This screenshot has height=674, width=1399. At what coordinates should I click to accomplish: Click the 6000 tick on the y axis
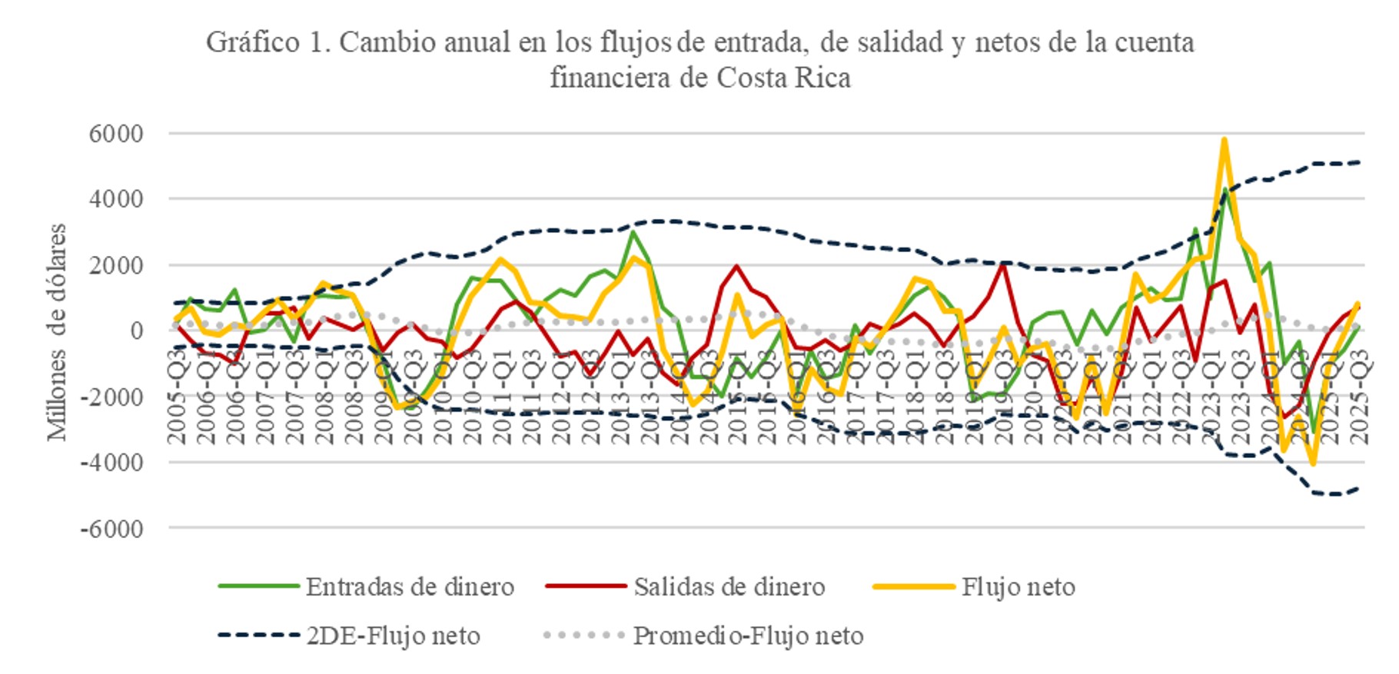click(116, 134)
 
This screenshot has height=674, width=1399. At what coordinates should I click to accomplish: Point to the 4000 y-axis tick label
click(116, 199)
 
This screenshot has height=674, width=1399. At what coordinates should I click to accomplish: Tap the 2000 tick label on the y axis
click(116, 265)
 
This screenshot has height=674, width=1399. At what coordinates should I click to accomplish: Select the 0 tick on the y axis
click(135, 331)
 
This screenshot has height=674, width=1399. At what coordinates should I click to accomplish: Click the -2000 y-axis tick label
click(111, 397)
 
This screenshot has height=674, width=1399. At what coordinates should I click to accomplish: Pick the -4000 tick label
click(111, 463)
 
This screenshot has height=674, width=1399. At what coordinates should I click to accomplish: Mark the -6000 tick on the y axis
click(111, 529)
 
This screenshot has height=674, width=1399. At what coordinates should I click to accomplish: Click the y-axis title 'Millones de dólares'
click(57, 332)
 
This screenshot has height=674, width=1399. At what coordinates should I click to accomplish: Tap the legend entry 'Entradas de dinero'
click(409, 587)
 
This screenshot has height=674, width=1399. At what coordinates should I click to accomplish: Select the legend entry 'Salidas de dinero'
click(729, 587)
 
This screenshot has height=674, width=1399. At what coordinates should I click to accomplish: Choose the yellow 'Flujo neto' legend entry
click(1018, 587)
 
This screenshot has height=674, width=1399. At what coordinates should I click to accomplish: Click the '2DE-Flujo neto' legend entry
click(393, 636)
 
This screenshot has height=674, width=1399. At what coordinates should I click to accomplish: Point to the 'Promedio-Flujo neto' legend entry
click(748, 636)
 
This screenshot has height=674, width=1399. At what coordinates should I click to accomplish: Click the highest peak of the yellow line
click(1224, 140)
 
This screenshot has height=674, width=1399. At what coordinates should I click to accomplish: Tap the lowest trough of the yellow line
click(1313, 463)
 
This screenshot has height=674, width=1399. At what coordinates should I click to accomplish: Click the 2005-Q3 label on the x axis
click(178, 397)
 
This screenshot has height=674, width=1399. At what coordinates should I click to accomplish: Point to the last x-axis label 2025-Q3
click(1359, 397)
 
